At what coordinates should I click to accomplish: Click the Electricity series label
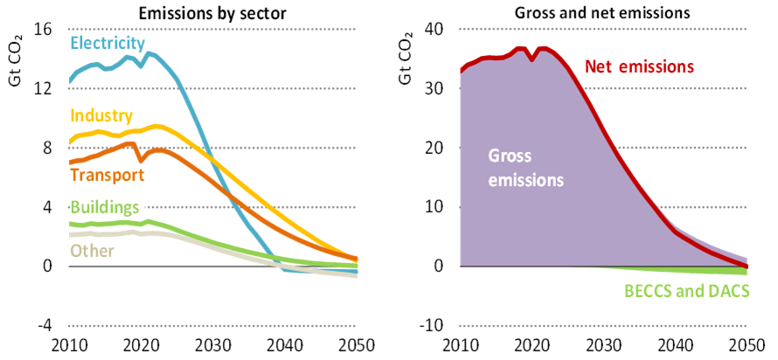pyautogui.click(x=107, y=43)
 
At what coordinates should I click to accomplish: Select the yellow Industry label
pyautogui.click(x=101, y=115)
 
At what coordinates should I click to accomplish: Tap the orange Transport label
pyautogui.click(x=107, y=175)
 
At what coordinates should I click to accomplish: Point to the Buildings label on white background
pyautogui.click(x=105, y=207)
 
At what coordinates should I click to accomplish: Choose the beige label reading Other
pyautogui.click(x=92, y=251)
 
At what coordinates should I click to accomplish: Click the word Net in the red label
pyautogui.click(x=597, y=66)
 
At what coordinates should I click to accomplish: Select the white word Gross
pyautogui.click(x=510, y=156)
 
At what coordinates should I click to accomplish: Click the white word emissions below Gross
pyautogui.click(x=525, y=180)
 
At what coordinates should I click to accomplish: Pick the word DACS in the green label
pyautogui.click(x=730, y=291)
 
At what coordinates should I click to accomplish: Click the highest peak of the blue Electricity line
pyautogui.click(x=149, y=52)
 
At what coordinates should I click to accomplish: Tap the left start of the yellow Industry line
pyautogui.click(x=70, y=140)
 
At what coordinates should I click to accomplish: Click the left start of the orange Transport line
pyautogui.click(x=70, y=163)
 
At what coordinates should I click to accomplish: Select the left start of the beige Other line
pyautogui.click(x=70, y=235)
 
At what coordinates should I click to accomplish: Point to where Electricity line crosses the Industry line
pyautogui.click(x=205, y=146)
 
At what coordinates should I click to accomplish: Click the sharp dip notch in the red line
pyautogui.click(x=531, y=61)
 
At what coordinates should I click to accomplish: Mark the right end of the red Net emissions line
pyautogui.click(x=748, y=266)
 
